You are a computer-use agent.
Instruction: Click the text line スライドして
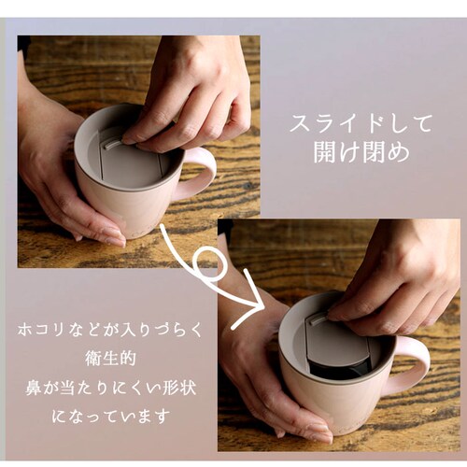coord(361,123)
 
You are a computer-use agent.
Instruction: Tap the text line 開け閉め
coord(361,153)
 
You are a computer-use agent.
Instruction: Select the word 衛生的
coord(110,359)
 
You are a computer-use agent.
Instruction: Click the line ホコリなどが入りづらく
coord(110,330)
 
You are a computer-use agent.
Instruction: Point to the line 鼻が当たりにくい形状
coord(110,388)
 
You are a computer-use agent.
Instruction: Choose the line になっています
coord(110,417)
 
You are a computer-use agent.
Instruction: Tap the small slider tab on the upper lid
coord(114,144)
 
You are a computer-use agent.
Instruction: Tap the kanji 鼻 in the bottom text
coord(34,388)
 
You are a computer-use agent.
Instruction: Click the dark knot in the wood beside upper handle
coord(248,186)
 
